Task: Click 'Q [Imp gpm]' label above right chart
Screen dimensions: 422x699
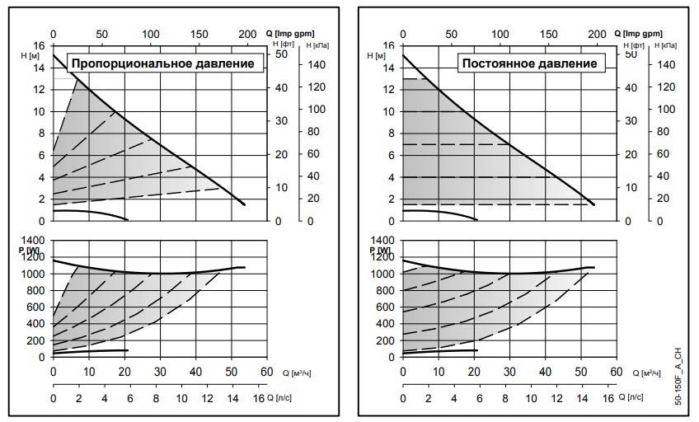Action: click(640, 32)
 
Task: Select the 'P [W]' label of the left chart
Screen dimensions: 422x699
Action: click(34, 250)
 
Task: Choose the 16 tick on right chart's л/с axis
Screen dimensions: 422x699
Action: click(608, 398)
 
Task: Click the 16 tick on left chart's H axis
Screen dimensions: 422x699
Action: click(40, 45)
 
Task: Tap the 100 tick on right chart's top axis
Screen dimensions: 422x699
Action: click(500, 34)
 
